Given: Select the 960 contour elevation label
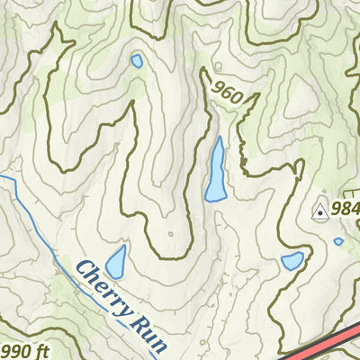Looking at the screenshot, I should [229, 90].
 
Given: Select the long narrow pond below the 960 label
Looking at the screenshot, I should [216, 169].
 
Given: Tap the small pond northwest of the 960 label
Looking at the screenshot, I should [137, 61].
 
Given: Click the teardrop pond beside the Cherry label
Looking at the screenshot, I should [116, 262].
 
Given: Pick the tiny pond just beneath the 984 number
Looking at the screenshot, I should [338, 241].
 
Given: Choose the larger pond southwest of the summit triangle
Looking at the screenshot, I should [292, 261].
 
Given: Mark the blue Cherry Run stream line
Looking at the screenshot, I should [36, 225].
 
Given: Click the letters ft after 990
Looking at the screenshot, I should [41, 349].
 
